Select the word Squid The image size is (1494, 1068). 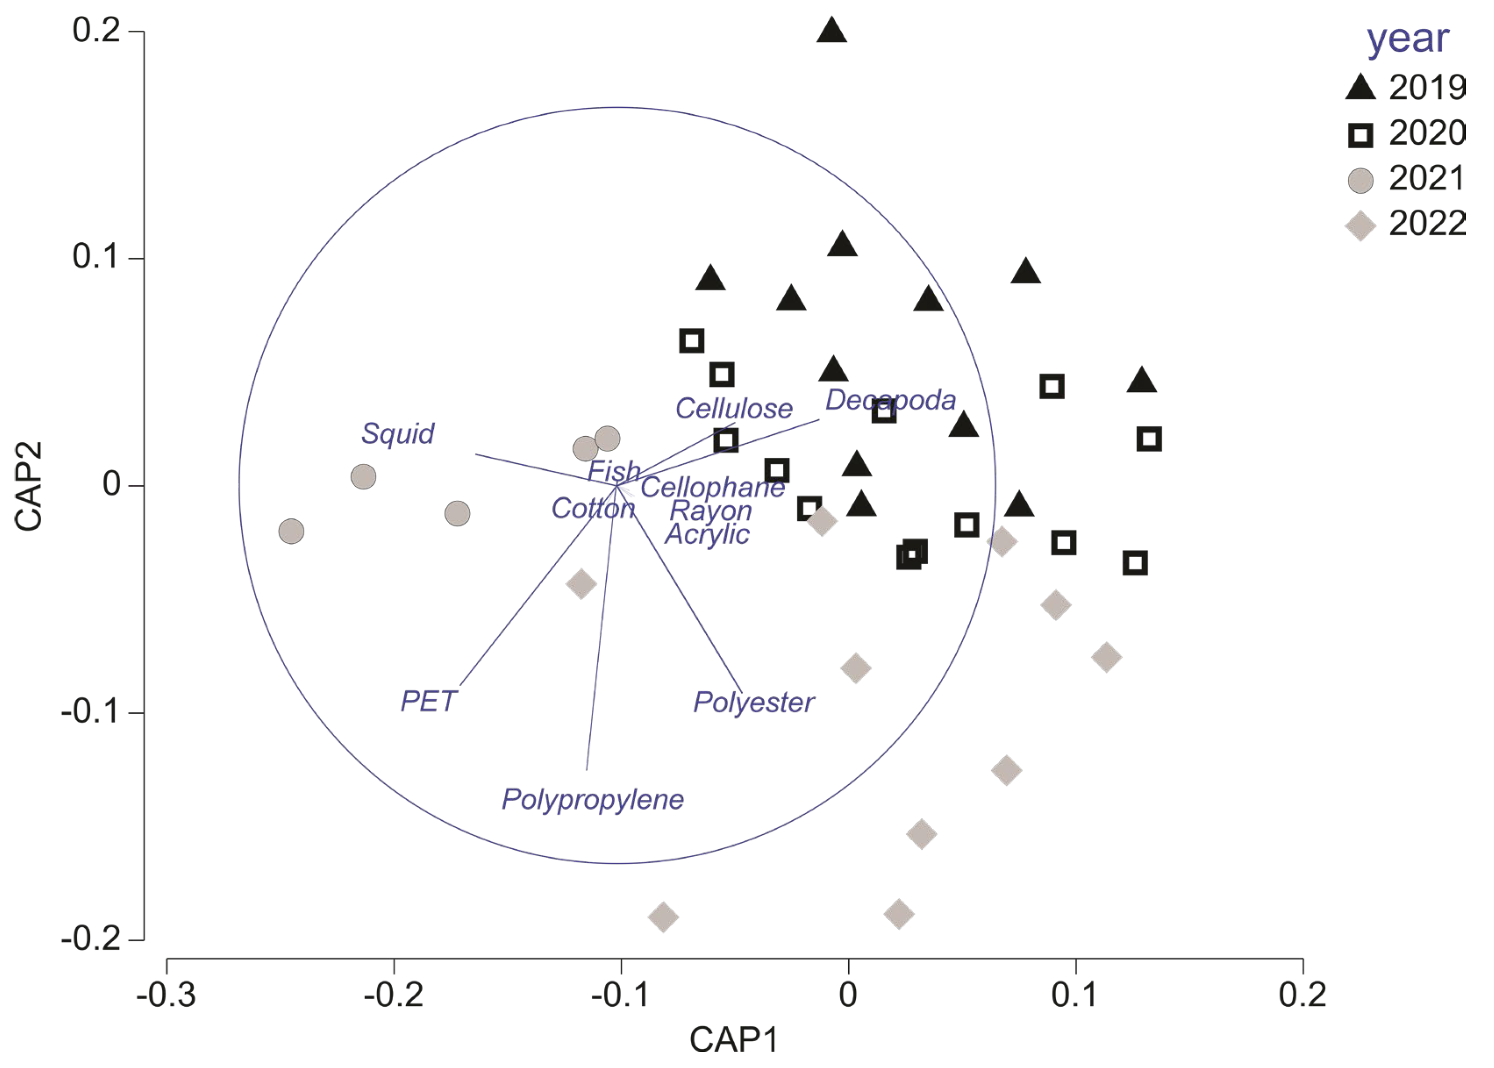point(397,433)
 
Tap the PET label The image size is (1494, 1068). point(428,701)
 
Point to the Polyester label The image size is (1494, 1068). point(754,702)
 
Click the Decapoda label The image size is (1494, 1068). point(890,400)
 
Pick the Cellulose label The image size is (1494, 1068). point(733,409)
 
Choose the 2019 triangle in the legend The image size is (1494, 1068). point(1361,88)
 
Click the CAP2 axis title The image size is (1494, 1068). point(28,485)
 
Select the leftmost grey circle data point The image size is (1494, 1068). point(291,530)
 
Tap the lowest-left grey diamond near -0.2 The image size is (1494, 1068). point(663,916)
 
